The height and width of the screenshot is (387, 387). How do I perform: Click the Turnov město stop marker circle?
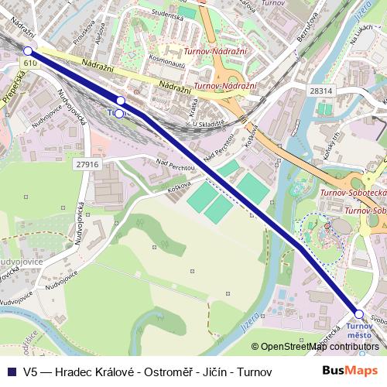[x=358, y=313]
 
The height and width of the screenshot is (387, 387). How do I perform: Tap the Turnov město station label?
[x=359, y=330]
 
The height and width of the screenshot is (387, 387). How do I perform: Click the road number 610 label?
[x=30, y=62]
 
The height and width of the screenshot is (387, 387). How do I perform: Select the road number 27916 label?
[x=88, y=164]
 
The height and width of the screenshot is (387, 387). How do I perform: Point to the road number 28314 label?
[x=320, y=91]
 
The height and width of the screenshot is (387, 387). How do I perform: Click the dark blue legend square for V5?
[x=12, y=372]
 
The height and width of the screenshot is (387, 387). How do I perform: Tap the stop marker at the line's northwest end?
[x=29, y=50]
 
